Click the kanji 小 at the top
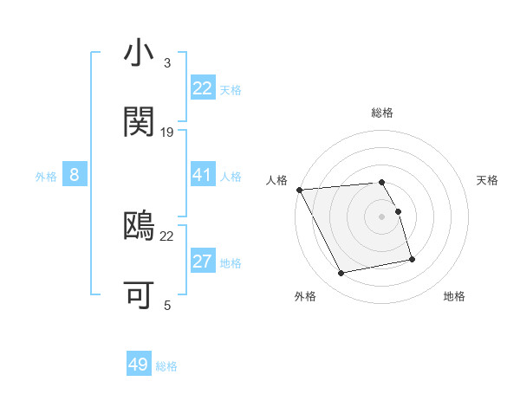coord(139,54)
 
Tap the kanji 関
coord(139,122)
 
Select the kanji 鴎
coord(139,225)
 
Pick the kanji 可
coord(139,294)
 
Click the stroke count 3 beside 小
coord(166,63)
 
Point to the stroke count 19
coord(167,132)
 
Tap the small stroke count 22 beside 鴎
coord(167,236)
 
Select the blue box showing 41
coord(202,175)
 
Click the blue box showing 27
coord(202,262)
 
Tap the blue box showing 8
coord(75,176)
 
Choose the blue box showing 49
coord(139,365)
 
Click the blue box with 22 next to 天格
coord(202,88)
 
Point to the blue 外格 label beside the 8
coord(46,177)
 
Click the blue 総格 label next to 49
coord(166,366)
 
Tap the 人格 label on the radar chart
coord(277,180)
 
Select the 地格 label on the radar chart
coord(454,297)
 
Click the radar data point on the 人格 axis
coord(299,190)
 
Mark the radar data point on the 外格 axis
coord(341,274)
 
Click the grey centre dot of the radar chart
coord(381,216)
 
